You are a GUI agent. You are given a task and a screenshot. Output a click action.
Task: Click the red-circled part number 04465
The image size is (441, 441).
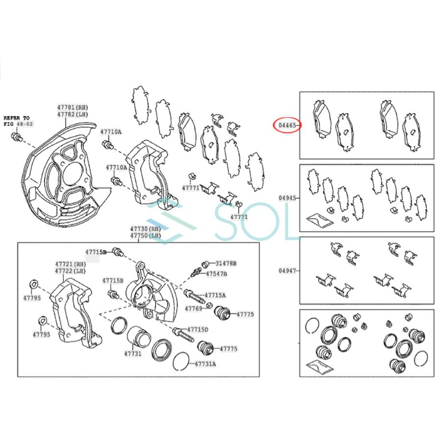tap(287, 126)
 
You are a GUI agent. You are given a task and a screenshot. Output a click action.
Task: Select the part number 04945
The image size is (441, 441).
tap(287, 198)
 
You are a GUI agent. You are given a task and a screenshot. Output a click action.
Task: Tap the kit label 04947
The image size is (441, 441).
tap(287, 270)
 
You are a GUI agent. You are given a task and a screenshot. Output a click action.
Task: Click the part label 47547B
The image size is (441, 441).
tap(216, 273)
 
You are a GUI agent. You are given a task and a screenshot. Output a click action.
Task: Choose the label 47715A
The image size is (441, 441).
tap(215, 295)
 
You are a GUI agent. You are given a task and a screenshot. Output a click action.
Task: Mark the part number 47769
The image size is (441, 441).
tap(193, 308)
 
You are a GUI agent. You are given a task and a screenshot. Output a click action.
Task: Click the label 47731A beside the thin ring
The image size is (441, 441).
tap(205, 364)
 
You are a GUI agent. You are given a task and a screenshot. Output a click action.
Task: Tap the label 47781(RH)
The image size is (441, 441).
tap(72, 107)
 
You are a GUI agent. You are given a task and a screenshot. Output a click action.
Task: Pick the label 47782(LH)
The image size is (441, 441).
tap(72, 114)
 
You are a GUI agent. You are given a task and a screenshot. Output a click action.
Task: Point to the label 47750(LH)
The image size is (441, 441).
tap(145, 236)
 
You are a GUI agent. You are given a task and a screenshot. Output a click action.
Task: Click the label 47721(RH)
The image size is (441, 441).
tap(71, 264)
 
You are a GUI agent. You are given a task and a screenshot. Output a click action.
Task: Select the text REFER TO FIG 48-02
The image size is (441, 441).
tap(17, 122)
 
